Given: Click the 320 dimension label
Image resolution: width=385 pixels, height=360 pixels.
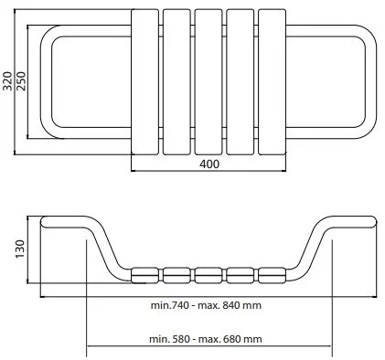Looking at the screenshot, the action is point(7,81).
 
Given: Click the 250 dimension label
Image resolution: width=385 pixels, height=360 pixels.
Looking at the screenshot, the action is point(21,81).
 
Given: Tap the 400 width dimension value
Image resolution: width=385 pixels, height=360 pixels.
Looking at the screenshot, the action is point(209,164).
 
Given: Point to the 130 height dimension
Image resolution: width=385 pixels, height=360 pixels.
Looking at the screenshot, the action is point(20,249).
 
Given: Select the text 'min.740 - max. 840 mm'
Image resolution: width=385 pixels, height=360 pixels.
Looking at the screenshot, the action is point(206,305).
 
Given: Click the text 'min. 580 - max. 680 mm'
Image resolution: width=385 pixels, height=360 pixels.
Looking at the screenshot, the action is point(206,339).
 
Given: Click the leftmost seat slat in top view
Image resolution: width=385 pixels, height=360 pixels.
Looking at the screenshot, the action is point(144,81).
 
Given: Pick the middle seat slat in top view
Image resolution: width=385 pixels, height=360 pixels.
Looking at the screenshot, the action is point(209,81).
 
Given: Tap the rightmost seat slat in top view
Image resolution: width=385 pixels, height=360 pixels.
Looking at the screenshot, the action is point(273,81).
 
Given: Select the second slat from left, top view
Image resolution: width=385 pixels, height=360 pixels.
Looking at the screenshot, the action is point(176,81).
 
